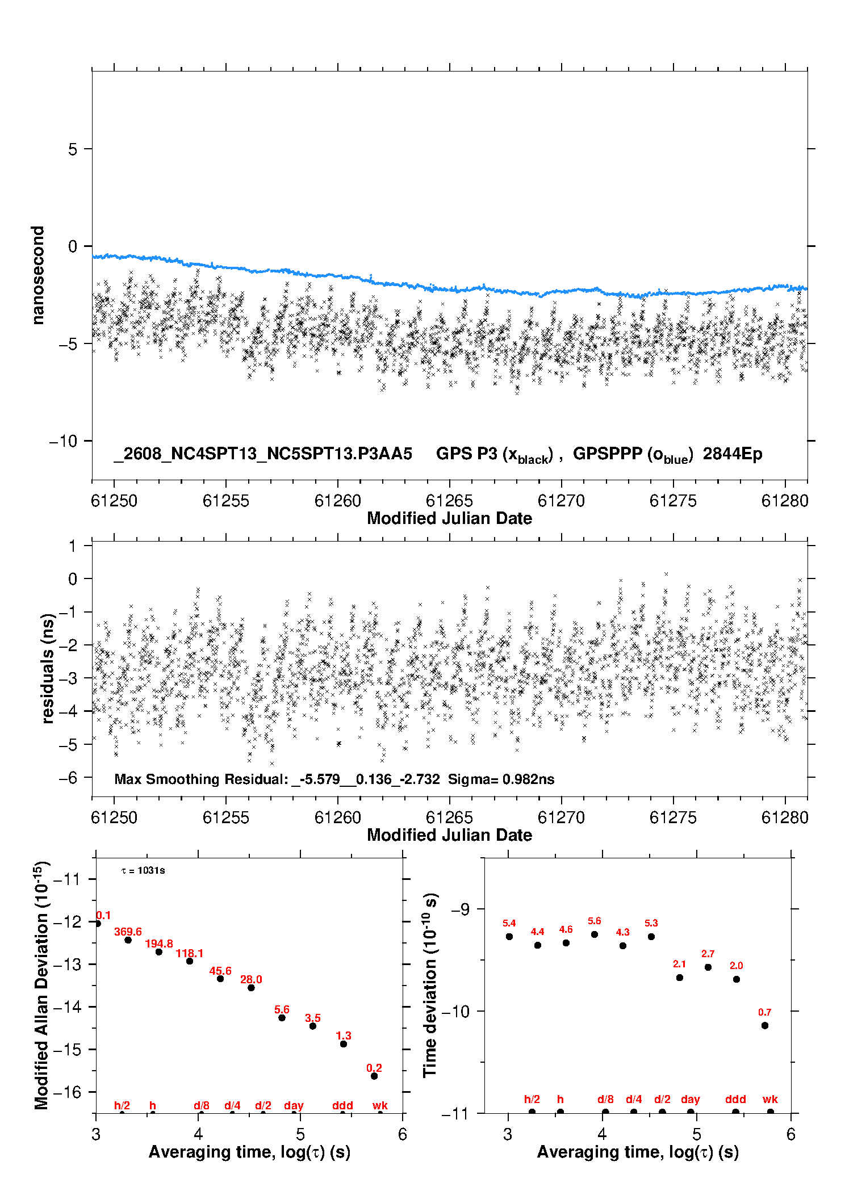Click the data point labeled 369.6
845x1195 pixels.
pos(128,940)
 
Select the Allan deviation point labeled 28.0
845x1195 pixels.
pos(251,988)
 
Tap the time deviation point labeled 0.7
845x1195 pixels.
pos(765,1025)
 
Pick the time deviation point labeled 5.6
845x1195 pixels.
pos(595,934)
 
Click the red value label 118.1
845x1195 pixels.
pos(190,953)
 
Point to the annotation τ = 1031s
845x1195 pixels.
pos(143,870)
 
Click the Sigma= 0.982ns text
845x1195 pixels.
pos(501,779)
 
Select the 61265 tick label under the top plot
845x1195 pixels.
pos(449,501)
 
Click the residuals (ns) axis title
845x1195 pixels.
pos(48,668)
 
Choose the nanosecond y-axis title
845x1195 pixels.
pos(37,275)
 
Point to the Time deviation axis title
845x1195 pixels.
pos(430,985)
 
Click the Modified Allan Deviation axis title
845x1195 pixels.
pos(41,985)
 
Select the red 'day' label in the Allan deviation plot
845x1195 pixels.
pos(294,1105)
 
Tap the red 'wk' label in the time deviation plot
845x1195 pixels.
pos(770,1099)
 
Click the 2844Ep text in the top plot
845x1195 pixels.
pos(733,454)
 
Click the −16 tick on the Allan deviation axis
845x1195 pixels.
pos(66,1092)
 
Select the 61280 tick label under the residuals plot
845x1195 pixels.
pos(785,817)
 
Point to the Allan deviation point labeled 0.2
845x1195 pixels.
pos(374,1076)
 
